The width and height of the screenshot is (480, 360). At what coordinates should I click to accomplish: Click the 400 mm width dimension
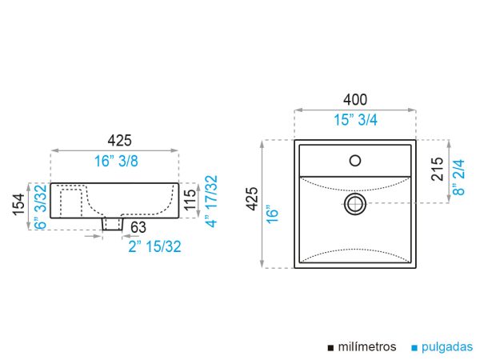(354, 100)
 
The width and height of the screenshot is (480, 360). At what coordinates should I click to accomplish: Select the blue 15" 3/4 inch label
(355, 120)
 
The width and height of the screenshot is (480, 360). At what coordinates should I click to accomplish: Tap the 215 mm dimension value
(437, 169)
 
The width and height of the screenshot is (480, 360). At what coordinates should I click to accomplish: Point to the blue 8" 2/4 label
(458, 178)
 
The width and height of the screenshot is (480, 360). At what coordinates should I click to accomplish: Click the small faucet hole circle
(355, 161)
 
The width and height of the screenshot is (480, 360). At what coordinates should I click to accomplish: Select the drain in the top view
(355, 203)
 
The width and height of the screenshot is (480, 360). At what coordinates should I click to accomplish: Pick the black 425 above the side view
(119, 141)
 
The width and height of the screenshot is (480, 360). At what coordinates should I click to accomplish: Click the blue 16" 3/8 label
(116, 161)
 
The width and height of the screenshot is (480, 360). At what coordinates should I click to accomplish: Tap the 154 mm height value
(18, 205)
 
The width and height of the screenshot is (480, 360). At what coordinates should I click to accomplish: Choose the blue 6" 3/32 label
(41, 206)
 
